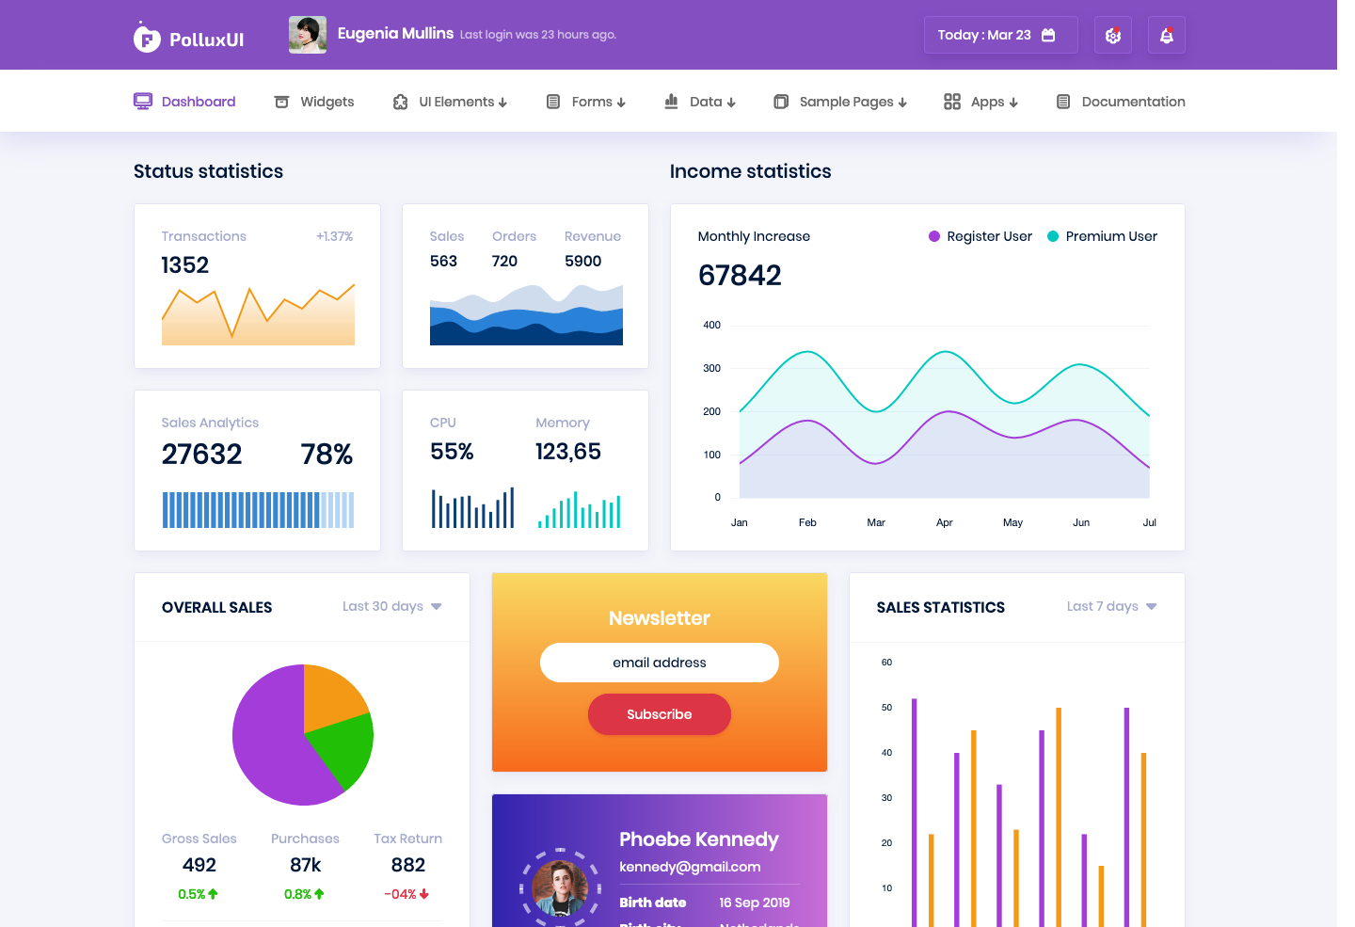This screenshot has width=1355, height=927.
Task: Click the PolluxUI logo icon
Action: tap(147, 38)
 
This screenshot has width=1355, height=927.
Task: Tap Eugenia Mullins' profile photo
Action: tap(308, 35)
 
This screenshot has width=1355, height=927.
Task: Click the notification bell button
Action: tap(1166, 35)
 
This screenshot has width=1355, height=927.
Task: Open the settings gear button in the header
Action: tap(1113, 35)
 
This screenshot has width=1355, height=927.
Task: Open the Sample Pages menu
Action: tap(840, 102)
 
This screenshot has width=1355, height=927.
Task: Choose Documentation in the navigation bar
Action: tap(1121, 102)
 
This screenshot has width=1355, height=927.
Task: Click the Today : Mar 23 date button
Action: tap(1000, 35)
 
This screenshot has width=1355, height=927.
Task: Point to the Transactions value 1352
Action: tap(185, 265)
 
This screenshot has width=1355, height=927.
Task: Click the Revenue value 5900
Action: tap(583, 261)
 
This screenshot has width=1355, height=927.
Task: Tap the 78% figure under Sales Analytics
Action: tap(327, 454)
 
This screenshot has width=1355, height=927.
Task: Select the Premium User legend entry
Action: tap(1102, 236)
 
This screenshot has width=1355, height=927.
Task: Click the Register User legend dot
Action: tap(934, 236)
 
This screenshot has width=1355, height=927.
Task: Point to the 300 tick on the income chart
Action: tap(711, 368)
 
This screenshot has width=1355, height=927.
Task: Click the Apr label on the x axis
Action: tap(945, 522)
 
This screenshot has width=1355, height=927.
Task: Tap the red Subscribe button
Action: tap(660, 714)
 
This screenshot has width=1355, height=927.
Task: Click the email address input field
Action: tap(660, 663)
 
